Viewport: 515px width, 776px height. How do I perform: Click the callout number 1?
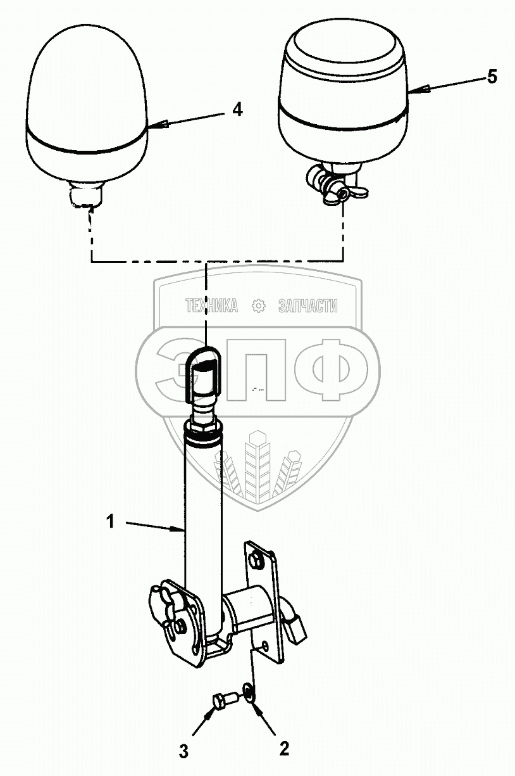click(x=110, y=523)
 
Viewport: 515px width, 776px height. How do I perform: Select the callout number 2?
click(x=283, y=749)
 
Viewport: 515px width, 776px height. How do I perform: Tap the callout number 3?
click(x=183, y=752)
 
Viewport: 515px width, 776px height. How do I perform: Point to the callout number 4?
click(x=236, y=110)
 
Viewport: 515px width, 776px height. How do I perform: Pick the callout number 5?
click(x=492, y=77)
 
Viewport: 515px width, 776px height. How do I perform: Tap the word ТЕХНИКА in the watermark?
click(x=211, y=307)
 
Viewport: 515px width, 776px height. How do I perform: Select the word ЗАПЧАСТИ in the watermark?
click(x=307, y=307)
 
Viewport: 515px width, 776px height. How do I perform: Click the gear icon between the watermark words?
click(x=258, y=307)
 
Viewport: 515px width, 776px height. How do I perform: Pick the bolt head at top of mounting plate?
click(x=256, y=560)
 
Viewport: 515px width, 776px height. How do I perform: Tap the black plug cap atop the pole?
click(x=202, y=374)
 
